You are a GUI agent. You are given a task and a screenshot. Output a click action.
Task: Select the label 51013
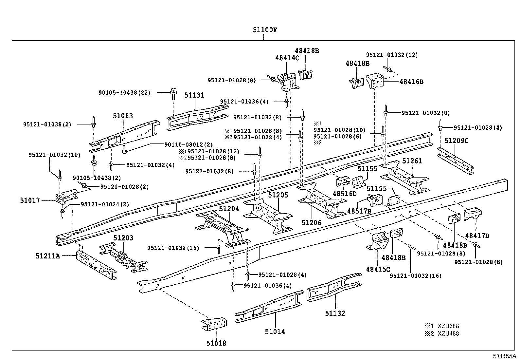point(123,116)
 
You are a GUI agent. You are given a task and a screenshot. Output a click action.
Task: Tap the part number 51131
point(194,95)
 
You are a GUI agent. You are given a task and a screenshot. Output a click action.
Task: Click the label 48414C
point(287,58)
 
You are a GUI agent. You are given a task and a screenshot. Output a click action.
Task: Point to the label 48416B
point(411,82)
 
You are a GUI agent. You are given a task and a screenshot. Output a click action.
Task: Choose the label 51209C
point(457,141)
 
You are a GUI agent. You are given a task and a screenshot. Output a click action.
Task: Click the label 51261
point(412,161)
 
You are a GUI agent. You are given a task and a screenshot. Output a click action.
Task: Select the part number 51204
point(229,209)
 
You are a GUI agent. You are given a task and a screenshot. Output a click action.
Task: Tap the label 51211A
point(48,256)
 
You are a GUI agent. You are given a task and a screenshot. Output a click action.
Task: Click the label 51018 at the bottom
point(216,343)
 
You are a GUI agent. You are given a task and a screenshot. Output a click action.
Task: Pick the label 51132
point(335,313)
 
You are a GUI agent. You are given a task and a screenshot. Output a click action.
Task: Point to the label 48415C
point(378,269)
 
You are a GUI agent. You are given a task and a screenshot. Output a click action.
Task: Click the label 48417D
point(477,236)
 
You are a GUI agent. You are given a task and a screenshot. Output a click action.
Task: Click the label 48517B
point(359,211)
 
